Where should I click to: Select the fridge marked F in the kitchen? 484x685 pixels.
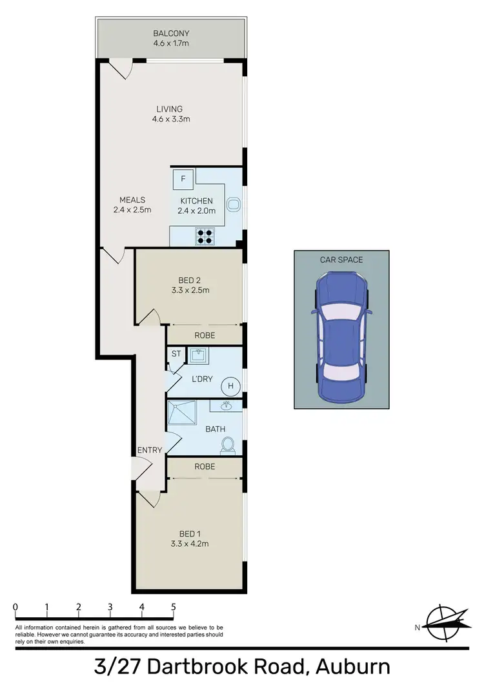pos(183,178)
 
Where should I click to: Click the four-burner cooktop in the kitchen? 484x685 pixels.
pos(205,237)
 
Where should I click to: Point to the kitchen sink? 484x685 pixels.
pos(234,205)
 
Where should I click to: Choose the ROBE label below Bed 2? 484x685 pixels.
pos(205,336)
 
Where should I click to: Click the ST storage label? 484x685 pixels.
pos(176,354)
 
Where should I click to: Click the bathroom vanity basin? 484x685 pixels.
pos(227,406)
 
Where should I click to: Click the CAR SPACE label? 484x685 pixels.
pos(341,260)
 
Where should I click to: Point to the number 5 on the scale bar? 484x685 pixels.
pos(173,608)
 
